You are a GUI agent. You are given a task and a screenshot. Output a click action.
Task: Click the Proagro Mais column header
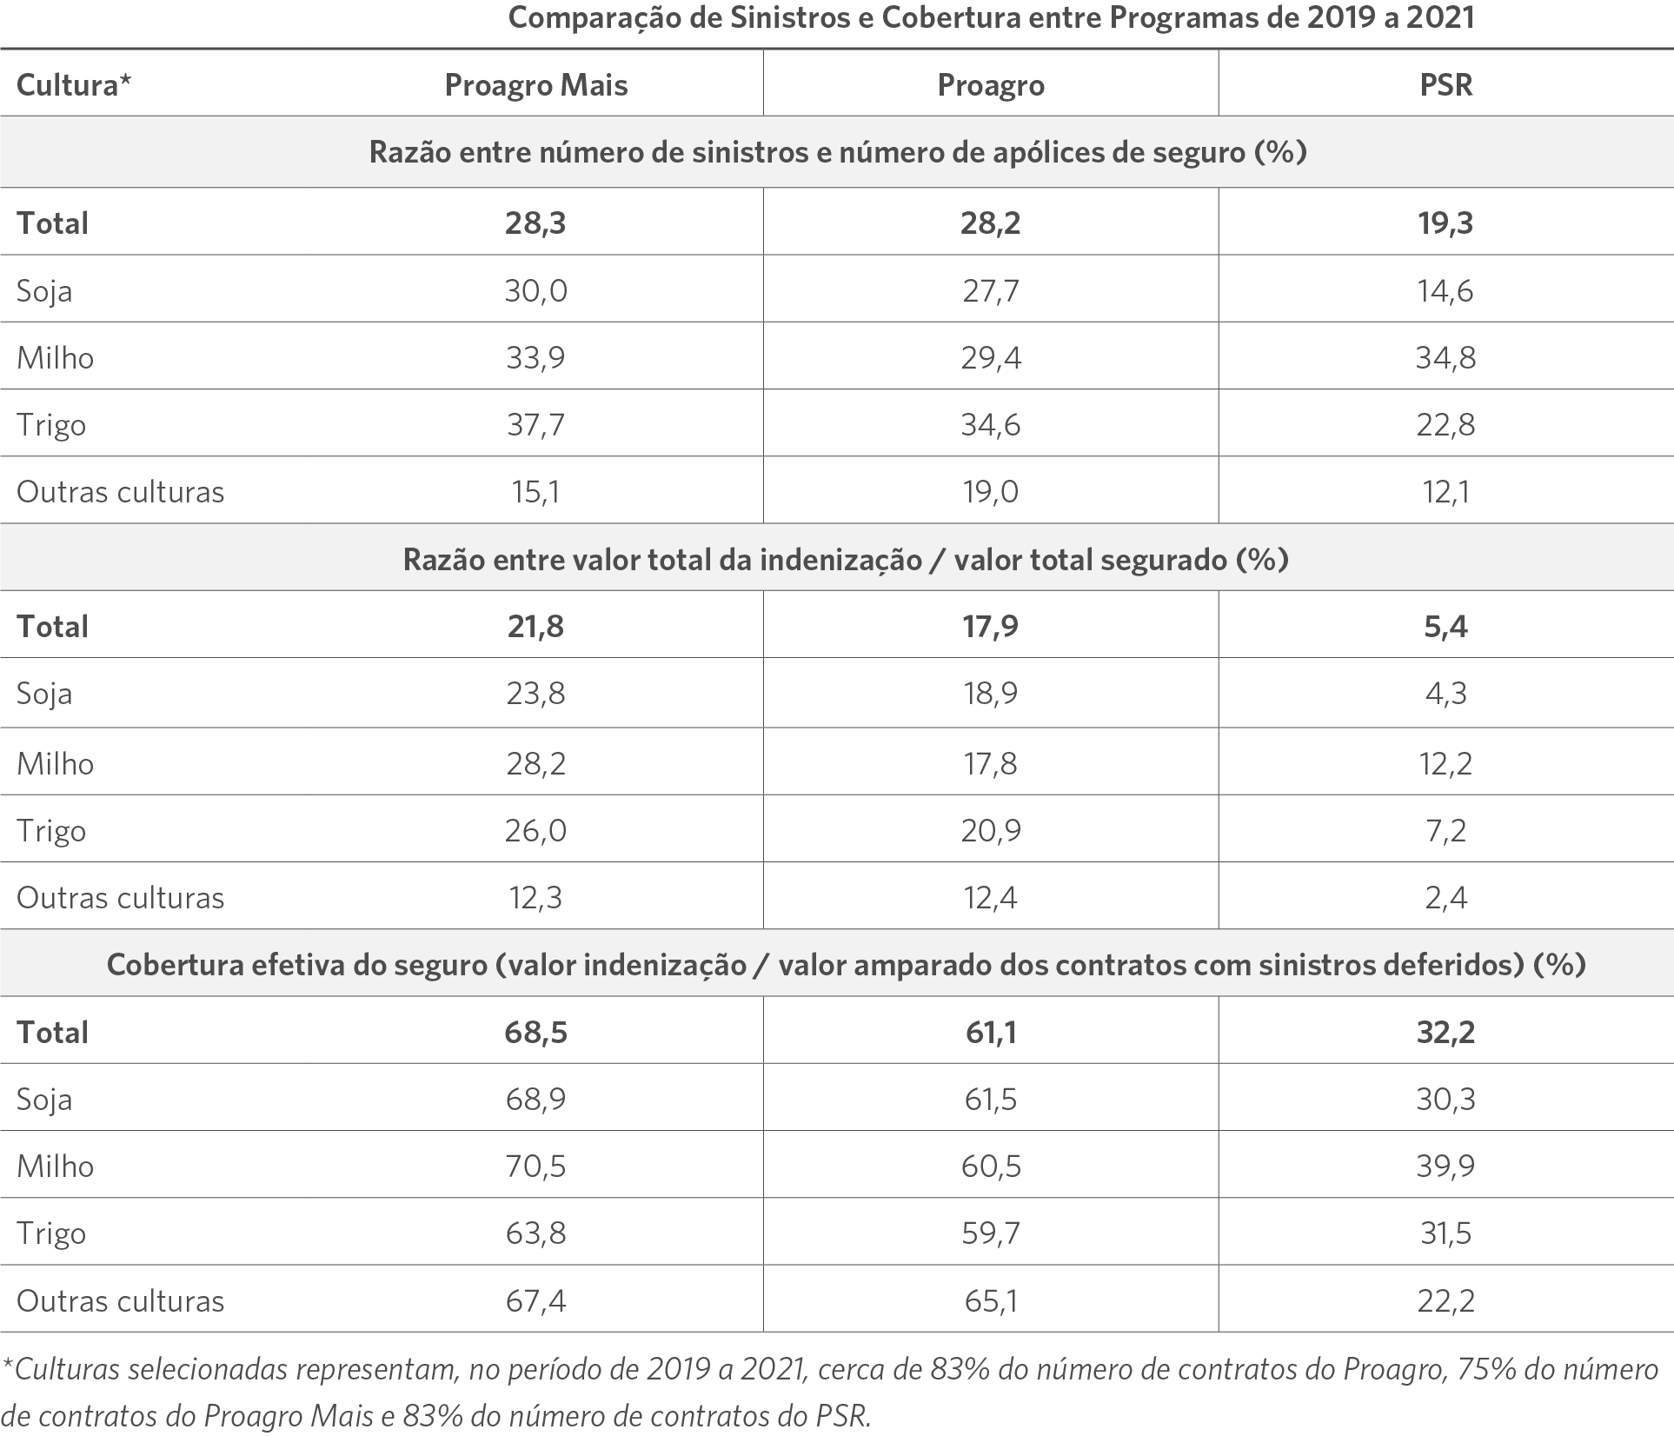[x=536, y=85]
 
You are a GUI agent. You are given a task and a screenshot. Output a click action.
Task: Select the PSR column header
[x=1446, y=85]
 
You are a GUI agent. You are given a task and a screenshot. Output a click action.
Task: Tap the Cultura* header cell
[x=74, y=85]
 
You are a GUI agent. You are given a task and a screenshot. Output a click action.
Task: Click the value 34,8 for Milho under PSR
[x=1445, y=357]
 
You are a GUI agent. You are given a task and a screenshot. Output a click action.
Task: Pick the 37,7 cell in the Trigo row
[x=536, y=425]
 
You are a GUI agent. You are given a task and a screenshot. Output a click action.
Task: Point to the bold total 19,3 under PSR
[x=1446, y=223]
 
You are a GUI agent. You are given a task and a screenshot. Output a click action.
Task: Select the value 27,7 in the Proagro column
[x=991, y=290]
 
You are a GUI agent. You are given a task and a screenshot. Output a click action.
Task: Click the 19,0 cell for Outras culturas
[x=991, y=492]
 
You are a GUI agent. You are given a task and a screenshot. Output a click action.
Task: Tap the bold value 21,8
[x=536, y=627]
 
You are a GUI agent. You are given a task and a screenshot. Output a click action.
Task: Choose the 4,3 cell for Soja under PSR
[x=1446, y=694]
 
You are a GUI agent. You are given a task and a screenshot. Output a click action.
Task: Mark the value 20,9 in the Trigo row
[x=991, y=831]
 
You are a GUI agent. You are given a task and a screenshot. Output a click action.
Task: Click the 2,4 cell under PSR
[x=1446, y=898]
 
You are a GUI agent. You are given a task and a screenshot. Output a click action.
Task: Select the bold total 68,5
[x=536, y=1033]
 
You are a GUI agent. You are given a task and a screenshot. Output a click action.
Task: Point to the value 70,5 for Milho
[x=536, y=1167]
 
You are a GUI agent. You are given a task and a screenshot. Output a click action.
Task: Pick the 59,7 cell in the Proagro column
[x=991, y=1233]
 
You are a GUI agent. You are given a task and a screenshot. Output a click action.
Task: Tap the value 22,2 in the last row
[x=1446, y=1301]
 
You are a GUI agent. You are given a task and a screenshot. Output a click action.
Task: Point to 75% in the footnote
[x=1489, y=1370]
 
